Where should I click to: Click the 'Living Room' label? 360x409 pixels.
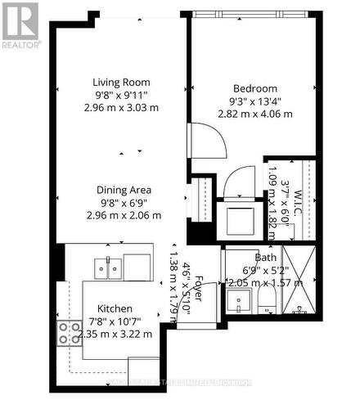pyautogui.click(x=124, y=81)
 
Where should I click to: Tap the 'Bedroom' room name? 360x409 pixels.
pyautogui.click(x=254, y=88)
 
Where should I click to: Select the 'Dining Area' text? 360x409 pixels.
pyautogui.click(x=124, y=190)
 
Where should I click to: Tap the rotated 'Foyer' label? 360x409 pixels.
pyautogui.click(x=197, y=292)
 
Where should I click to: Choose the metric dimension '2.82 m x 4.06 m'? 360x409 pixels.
pyautogui.click(x=254, y=114)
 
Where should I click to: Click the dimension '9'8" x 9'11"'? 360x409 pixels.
pyautogui.click(x=124, y=94)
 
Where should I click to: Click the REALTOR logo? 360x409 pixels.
pyautogui.click(x=20, y=25)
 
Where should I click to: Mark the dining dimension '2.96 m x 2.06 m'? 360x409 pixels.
pyautogui.click(x=124, y=215)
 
